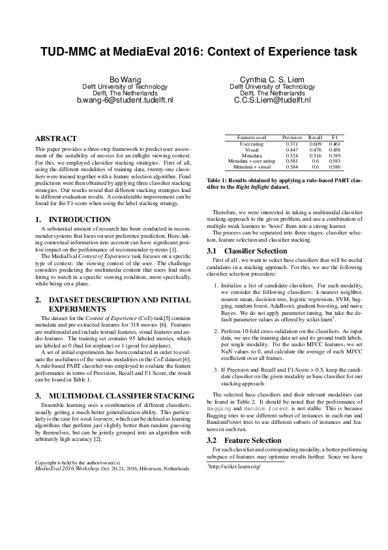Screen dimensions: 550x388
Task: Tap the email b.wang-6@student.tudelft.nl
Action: pyautogui.click(x=125, y=101)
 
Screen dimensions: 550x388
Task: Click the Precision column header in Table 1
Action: pyautogui.click(x=291, y=138)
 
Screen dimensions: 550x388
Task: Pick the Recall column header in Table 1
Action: pyautogui.click(x=316, y=138)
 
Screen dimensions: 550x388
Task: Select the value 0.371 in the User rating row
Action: pyautogui.click(x=291, y=144)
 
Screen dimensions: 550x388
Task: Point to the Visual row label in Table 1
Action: pyautogui.click(x=252, y=150)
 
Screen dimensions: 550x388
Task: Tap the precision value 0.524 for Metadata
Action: pyautogui.click(x=291, y=155)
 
